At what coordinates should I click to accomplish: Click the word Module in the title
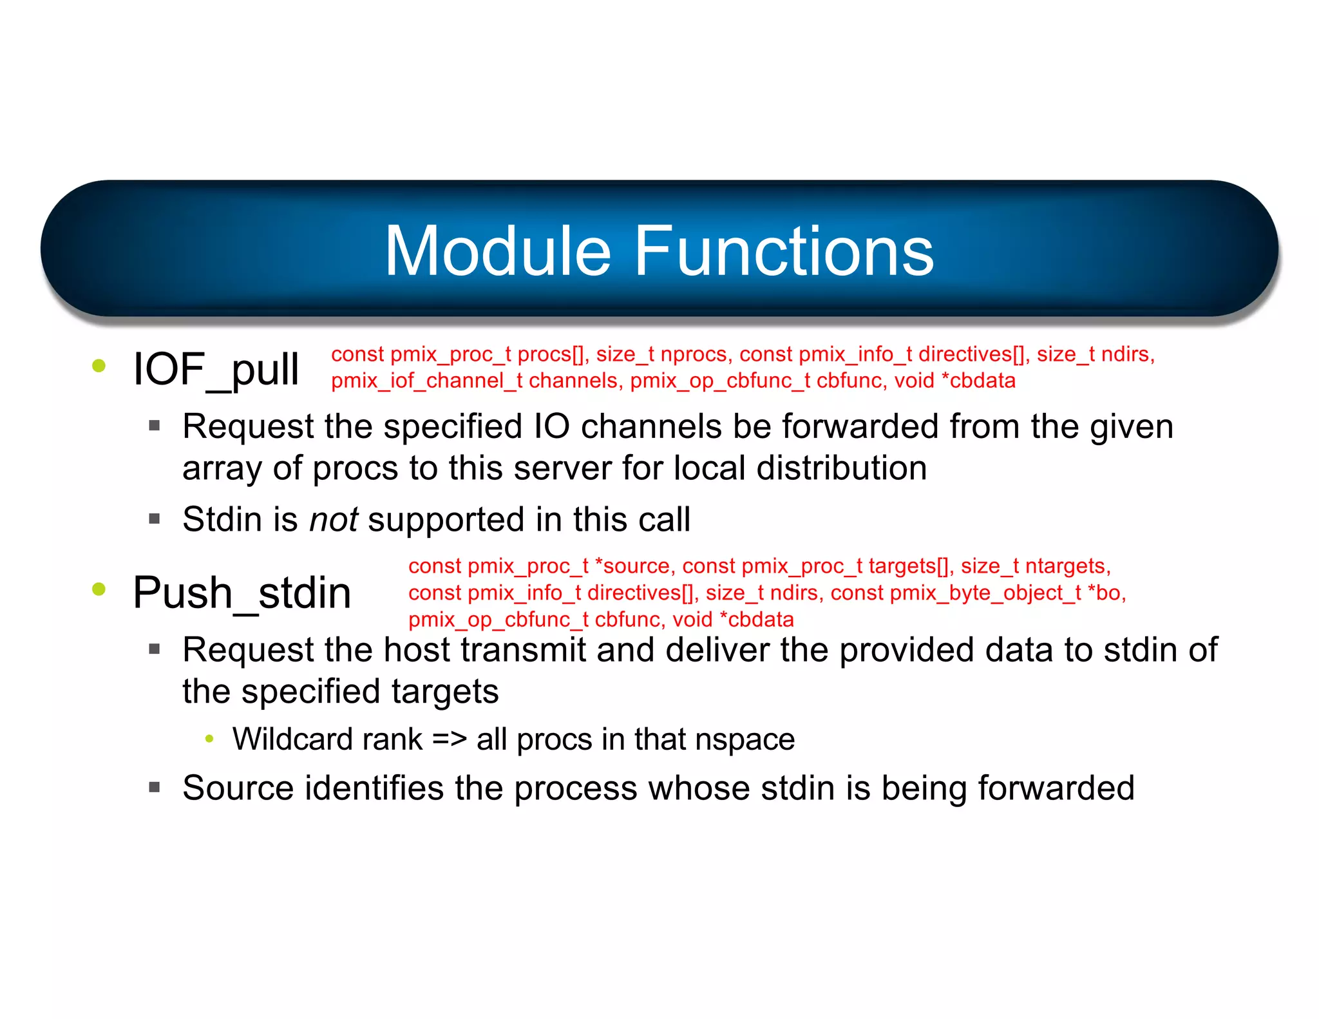click(x=497, y=251)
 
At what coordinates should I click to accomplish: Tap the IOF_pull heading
click(x=216, y=370)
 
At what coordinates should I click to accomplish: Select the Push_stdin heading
click(x=242, y=593)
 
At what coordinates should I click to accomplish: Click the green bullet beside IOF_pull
click(x=99, y=367)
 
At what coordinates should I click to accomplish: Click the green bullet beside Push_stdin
click(x=99, y=589)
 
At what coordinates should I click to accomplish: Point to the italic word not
click(x=333, y=519)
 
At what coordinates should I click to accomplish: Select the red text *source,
click(x=634, y=566)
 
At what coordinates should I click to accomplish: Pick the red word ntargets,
click(x=1068, y=566)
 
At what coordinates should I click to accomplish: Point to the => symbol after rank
click(x=449, y=739)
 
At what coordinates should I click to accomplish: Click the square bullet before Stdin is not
click(x=154, y=519)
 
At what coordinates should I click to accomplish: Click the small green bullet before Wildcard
click(x=209, y=739)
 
